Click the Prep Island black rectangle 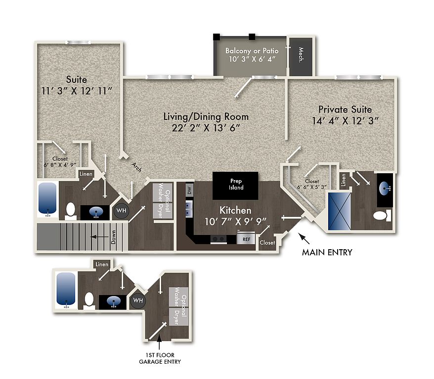click(235, 186)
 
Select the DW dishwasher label click(189, 190)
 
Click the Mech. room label click(301, 55)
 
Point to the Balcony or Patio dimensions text click(252, 59)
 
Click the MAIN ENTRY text click(327, 252)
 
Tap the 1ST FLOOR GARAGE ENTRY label click(160, 358)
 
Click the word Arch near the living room click(136, 167)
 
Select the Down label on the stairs click(113, 237)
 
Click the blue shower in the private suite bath click(339, 211)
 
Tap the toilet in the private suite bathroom click(382, 215)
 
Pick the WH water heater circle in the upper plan click(121, 211)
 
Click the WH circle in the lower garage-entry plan click(138, 300)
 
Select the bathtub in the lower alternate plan click(66, 289)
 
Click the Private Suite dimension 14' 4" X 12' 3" click(345, 121)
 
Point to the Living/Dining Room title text click(206, 116)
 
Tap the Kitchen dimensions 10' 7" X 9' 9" click(235, 221)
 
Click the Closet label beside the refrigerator click(267, 242)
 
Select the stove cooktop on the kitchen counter click(218, 239)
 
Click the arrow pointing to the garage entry click(159, 342)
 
